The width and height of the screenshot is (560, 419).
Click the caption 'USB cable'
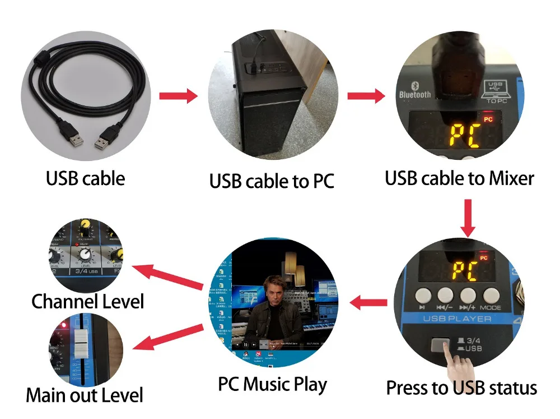click(x=85, y=178)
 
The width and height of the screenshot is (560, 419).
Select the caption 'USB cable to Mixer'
click(x=459, y=178)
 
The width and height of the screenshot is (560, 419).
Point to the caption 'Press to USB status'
click(x=461, y=388)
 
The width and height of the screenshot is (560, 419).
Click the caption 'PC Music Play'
click(x=272, y=385)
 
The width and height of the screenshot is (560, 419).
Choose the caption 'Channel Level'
click(x=87, y=301)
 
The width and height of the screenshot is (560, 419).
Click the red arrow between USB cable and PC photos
click(x=178, y=96)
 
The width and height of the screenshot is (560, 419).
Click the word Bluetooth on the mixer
click(x=415, y=93)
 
